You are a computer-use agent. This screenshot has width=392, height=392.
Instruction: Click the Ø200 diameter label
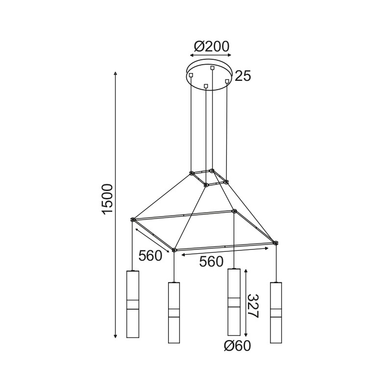pos(212,47)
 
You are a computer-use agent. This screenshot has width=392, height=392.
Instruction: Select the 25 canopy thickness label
pos(243,76)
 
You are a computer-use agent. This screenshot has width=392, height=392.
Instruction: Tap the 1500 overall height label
pos(107,198)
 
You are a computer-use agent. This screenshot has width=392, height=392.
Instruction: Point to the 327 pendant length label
pos(252,306)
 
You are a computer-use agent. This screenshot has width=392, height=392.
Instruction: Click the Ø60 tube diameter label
pos(237,346)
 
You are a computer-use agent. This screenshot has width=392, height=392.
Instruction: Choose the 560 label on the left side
pos(150,256)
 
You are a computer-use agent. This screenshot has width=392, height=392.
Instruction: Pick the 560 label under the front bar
pos(211,262)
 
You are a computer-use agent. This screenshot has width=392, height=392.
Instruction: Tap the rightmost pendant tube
pos(276,312)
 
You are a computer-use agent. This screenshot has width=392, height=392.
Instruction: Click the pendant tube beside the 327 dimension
pos(234,302)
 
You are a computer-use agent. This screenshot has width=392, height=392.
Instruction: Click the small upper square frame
pos(209,177)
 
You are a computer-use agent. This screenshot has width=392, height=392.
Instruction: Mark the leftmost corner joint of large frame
pos(133,220)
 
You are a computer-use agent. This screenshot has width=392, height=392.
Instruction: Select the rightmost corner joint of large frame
pos(275,243)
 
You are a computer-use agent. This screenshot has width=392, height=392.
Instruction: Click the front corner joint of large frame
pos(174,250)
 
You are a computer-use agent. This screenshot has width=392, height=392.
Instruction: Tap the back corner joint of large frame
pos(234,212)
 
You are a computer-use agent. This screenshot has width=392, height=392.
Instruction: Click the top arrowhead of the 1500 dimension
pos(116,73)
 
